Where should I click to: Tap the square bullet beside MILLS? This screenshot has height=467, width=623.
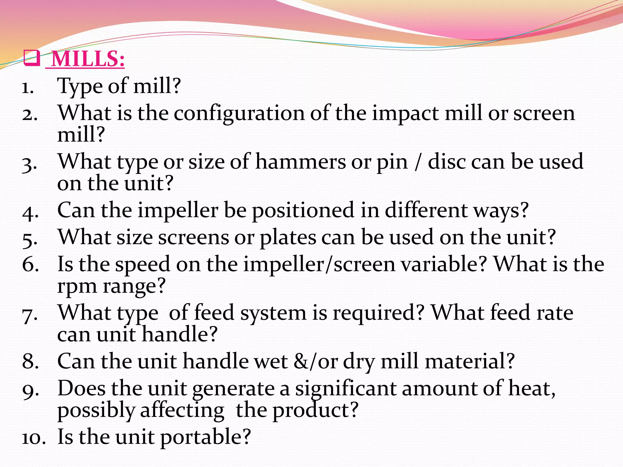32,58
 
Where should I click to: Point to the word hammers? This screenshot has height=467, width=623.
300,162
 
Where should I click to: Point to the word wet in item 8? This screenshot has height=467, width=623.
270,362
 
